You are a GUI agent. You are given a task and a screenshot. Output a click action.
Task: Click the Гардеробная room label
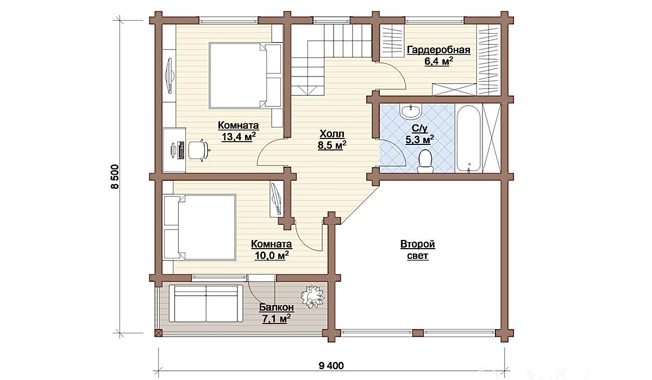438,50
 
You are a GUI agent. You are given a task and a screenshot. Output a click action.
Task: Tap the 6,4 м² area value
438,62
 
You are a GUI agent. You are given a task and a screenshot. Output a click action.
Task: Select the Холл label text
332,134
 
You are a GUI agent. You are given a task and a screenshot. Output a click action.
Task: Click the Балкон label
277,307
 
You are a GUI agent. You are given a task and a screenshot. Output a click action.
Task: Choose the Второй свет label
418,250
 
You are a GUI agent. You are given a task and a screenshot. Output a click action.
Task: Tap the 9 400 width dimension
331,365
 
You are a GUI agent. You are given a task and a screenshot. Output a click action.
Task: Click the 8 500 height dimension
115,177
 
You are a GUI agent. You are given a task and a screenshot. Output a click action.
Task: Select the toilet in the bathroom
425,161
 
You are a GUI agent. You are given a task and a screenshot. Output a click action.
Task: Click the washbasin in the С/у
410,111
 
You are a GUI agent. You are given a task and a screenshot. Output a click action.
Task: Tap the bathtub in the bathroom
468,138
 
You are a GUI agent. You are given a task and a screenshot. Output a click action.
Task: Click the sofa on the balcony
206,303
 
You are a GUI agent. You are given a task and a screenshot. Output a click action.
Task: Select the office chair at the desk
199,150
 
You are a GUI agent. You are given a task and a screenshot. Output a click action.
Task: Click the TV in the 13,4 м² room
170,76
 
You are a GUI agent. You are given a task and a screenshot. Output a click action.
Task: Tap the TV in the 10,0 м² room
276,199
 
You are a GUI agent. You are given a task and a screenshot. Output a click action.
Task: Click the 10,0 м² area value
272,255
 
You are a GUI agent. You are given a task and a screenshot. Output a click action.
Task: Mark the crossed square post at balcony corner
159,333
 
